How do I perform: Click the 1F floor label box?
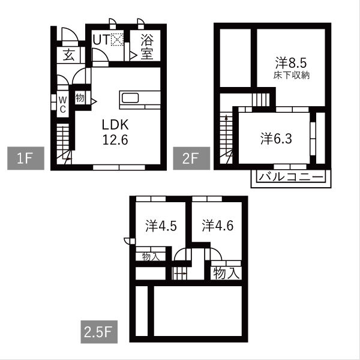pos(23,160)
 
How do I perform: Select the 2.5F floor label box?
pos(98,331)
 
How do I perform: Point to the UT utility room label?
pos(100,41)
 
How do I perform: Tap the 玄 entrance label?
pos(68,56)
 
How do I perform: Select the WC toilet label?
pos(62,104)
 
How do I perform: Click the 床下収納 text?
pos(291,75)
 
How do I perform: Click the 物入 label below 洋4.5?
pos(149,256)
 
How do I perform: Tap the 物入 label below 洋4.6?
pos(227,274)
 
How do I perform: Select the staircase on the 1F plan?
pos(64,143)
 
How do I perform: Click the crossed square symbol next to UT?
pos(116,41)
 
